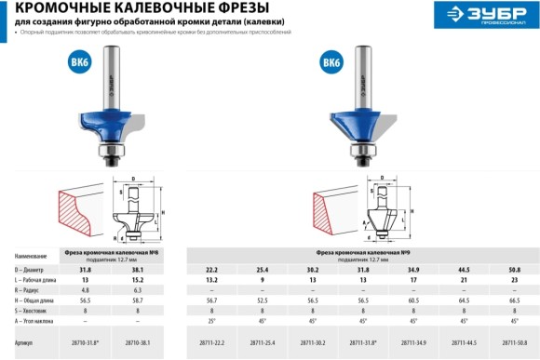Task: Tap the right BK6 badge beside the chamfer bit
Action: pos(331,63)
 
